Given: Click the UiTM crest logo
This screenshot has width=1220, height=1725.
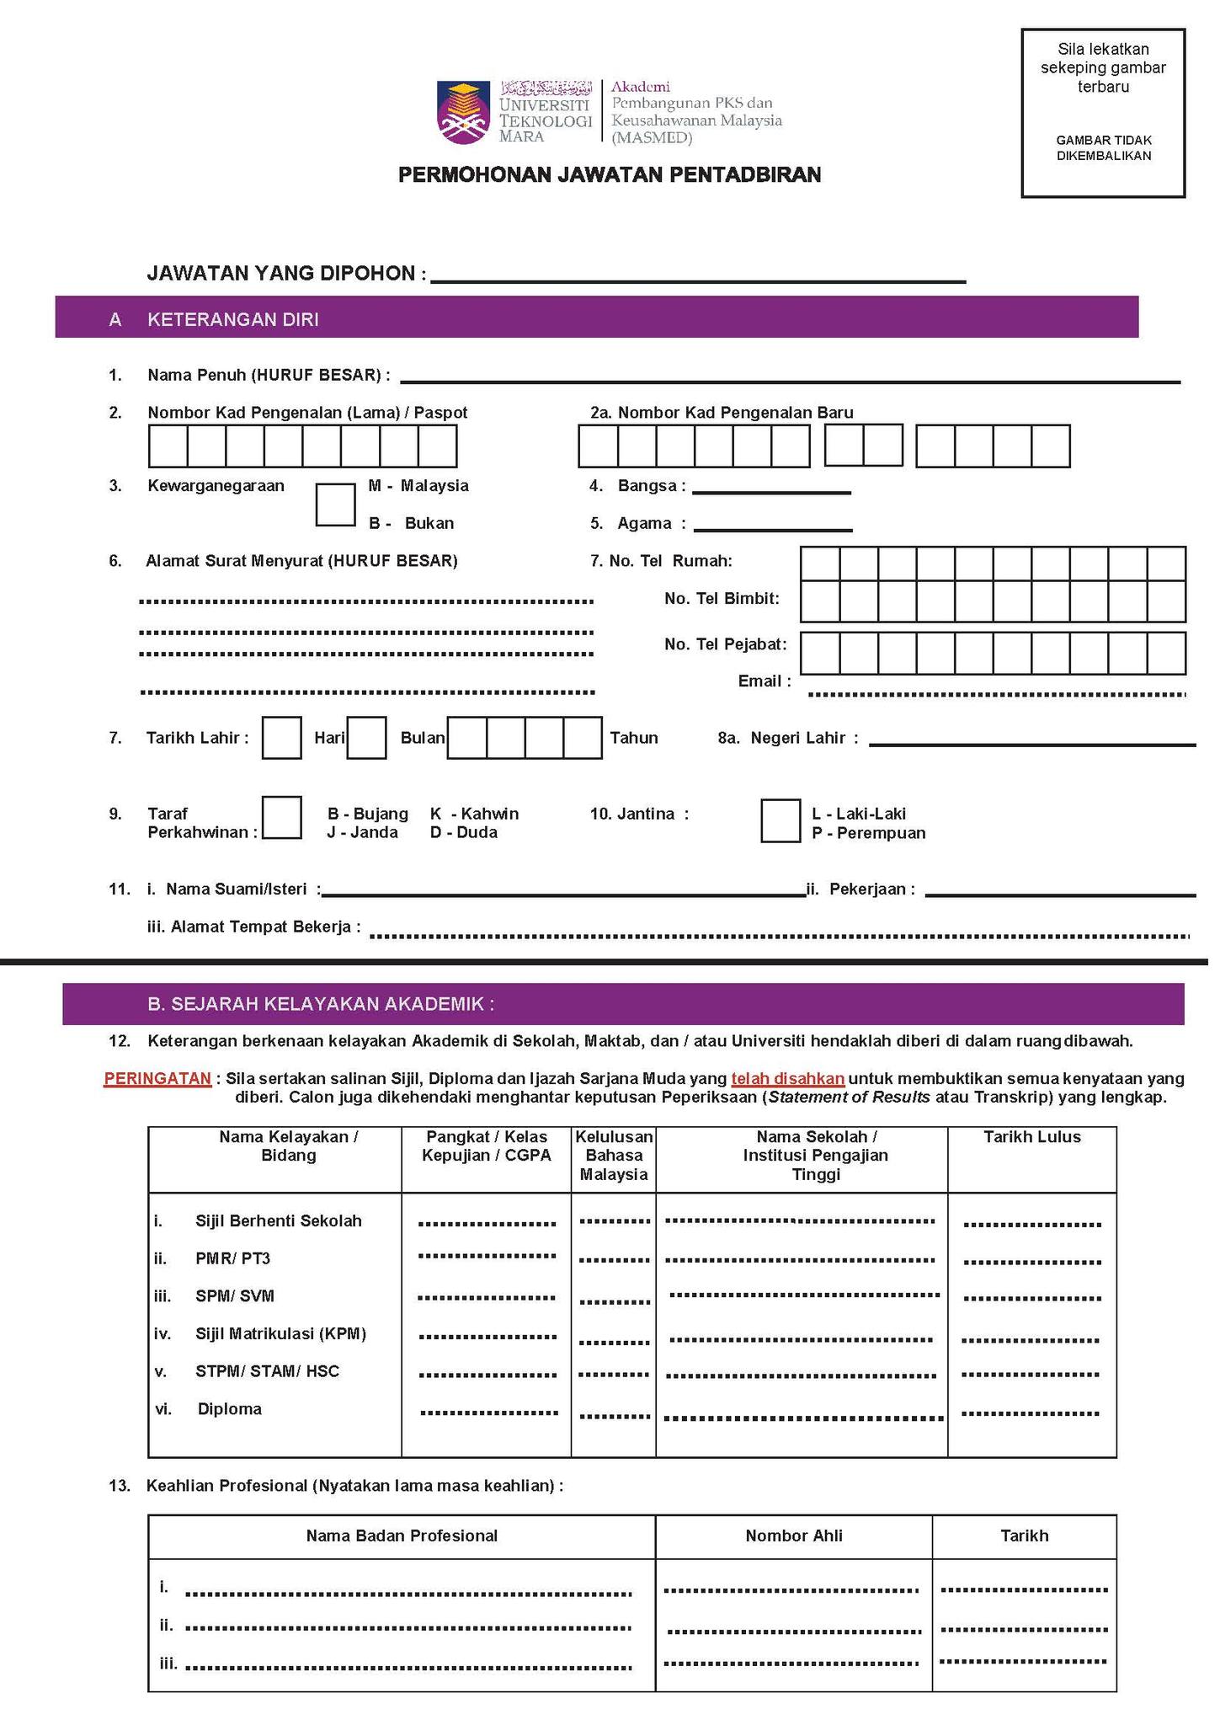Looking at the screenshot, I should pyautogui.click(x=463, y=112).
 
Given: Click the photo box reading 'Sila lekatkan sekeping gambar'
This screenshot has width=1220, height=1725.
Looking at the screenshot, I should pyautogui.click(x=1103, y=113).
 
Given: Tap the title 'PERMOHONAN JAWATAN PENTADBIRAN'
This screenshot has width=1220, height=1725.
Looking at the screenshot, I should pyautogui.click(x=610, y=174).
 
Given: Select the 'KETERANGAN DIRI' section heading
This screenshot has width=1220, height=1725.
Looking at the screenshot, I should pyautogui.click(x=233, y=319).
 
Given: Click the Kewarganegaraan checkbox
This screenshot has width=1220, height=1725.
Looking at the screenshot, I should pyautogui.click(x=335, y=505).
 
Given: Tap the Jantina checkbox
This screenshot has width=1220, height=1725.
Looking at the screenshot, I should pyautogui.click(x=780, y=821).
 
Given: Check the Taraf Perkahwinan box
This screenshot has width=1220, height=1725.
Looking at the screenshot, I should pyautogui.click(x=282, y=818).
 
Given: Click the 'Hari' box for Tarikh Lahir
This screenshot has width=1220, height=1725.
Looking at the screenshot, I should pyautogui.click(x=282, y=738).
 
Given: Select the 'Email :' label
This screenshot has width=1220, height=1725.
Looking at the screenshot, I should pyautogui.click(x=764, y=681).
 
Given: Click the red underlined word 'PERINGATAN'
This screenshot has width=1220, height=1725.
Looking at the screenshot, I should pyautogui.click(x=157, y=1079).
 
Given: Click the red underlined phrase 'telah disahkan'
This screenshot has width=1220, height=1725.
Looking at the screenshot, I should pyautogui.click(x=788, y=1079).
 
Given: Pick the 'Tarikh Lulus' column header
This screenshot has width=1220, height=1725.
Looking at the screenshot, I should pyautogui.click(x=1032, y=1137).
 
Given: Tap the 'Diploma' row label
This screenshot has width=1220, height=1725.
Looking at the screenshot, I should pyautogui.click(x=230, y=1409).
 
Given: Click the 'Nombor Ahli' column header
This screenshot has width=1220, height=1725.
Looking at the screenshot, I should pyautogui.click(x=794, y=1536).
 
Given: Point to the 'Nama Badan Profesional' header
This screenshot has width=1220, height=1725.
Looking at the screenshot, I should pyautogui.click(x=402, y=1536).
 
